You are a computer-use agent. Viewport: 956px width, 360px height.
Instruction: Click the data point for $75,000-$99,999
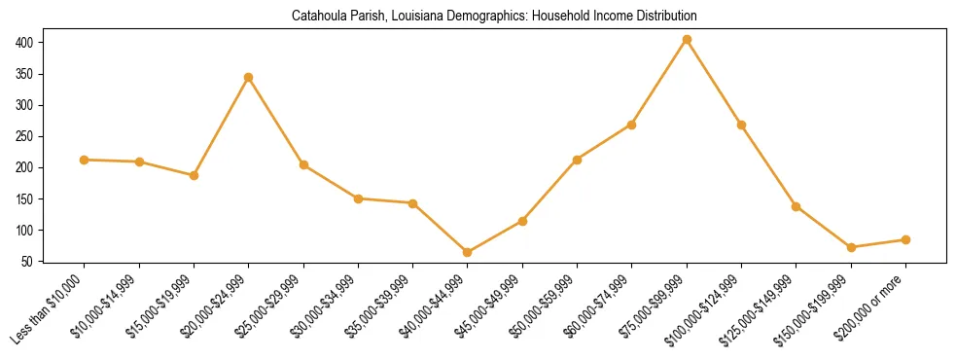click(x=687, y=40)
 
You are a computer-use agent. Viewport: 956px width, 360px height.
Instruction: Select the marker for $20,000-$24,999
click(x=249, y=77)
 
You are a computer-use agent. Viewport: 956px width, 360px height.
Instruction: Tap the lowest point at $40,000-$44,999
click(x=468, y=252)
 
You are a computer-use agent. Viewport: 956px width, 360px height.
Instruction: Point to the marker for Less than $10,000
click(x=85, y=160)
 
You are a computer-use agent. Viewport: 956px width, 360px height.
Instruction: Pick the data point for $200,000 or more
click(x=905, y=239)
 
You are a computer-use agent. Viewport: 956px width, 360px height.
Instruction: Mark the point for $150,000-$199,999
click(x=851, y=247)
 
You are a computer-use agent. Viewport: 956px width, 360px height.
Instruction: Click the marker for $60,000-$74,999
click(x=632, y=125)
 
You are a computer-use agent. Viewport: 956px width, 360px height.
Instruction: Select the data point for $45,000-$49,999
click(x=522, y=221)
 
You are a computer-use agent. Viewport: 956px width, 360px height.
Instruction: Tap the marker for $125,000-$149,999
click(x=797, y=206)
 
